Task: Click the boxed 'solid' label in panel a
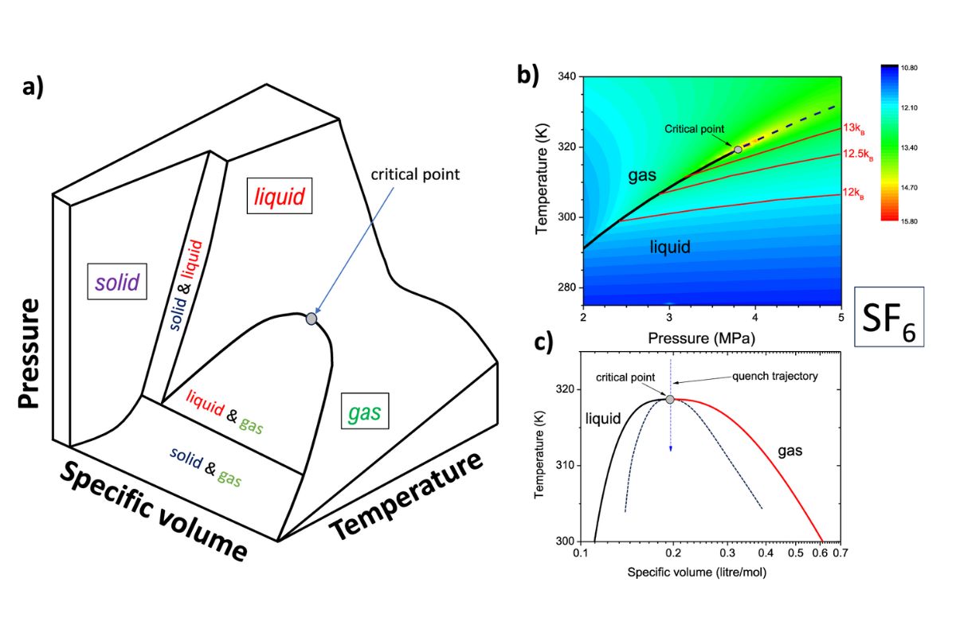pyautogui.click(x=118, y=281)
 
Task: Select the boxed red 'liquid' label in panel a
pyautogui.click(x=280, y=196)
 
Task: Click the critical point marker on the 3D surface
pyautogui.click(x=311, y=318)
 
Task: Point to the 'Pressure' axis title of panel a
pyautogui.click(x=29, y=354)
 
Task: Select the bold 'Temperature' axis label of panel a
pyautogui.click(x=406, y=494)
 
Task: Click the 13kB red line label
pyautogui.click(x=856, y=127)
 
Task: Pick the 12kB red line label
pyautogui.click(x=856, y=192)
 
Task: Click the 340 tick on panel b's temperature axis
pyautogui.click(x=568, y=77)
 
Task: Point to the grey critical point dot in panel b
pyautogui.click(x=738, y=149)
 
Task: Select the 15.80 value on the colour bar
pyautogui.click(x=907, y=221)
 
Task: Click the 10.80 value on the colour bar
pyautogui.click(x=907, y=69)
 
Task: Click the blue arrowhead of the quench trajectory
pyautogui.click(x=671, y=449)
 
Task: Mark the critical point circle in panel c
pyautogui.click(x=670, y=399)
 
